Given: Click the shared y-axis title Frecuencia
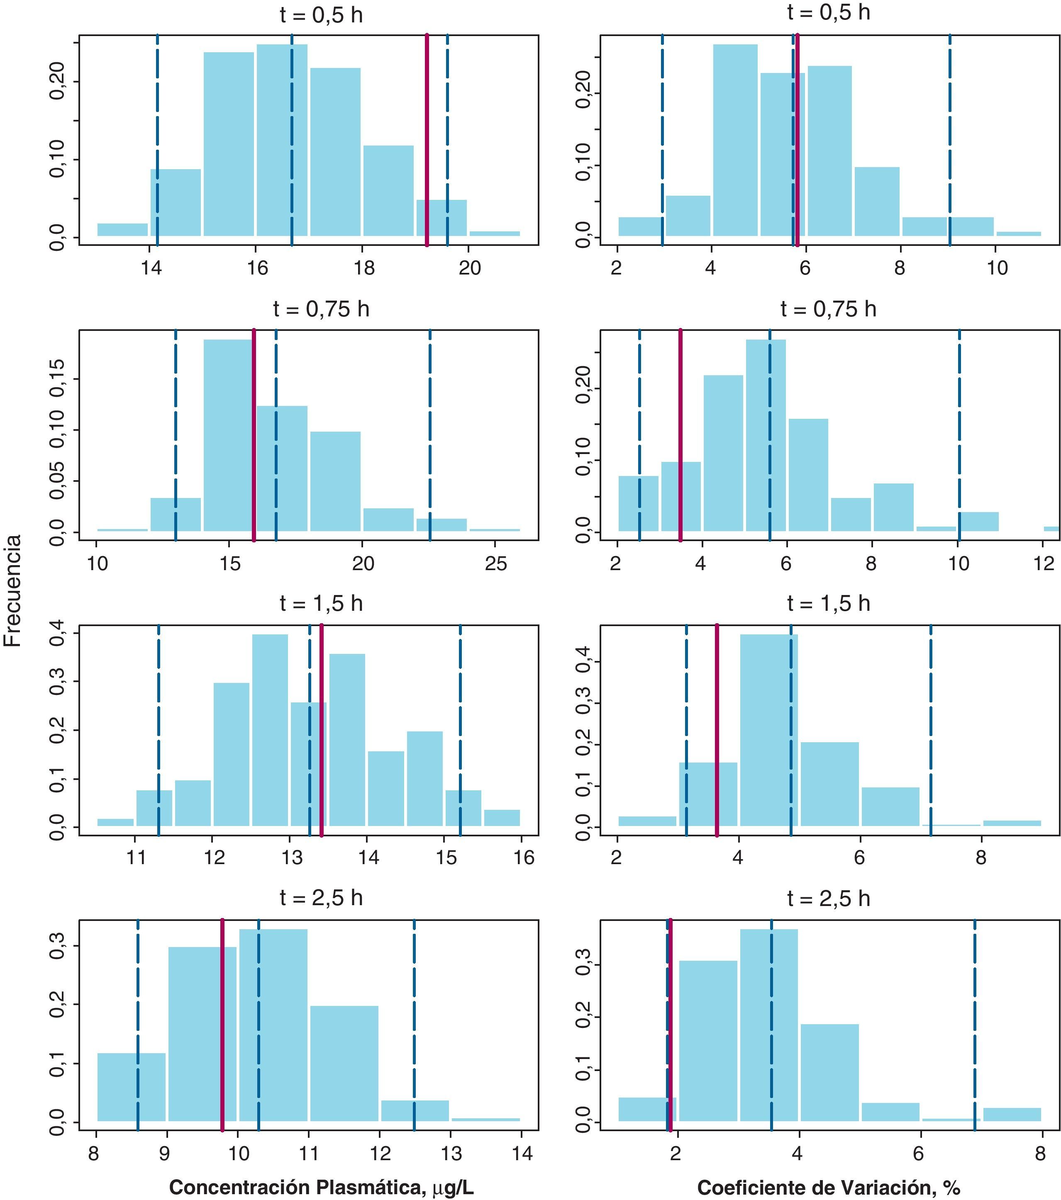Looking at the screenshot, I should [x=13, y=590].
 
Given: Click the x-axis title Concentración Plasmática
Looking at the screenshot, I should [x=321, y=1186].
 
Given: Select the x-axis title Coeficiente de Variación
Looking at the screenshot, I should [x=828, y=1186].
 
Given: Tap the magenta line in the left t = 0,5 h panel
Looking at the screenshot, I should [x=427, y=141].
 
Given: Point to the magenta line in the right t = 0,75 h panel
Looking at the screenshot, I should [x=681, y=435].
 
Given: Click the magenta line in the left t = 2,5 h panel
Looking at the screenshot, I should [x=222, y=1025].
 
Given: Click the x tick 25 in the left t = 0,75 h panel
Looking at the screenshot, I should [x=496, y=564].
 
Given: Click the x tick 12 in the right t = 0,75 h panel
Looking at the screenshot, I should [x=1044, y=564].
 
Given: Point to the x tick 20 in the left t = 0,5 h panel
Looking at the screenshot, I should [x=469, y=268].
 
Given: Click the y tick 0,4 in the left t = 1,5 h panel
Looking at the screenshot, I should [x=58, y=635].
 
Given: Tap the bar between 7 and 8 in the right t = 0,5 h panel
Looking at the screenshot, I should [x=876, y=202].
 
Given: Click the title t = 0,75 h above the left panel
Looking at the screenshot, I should [x=321, y=309].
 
